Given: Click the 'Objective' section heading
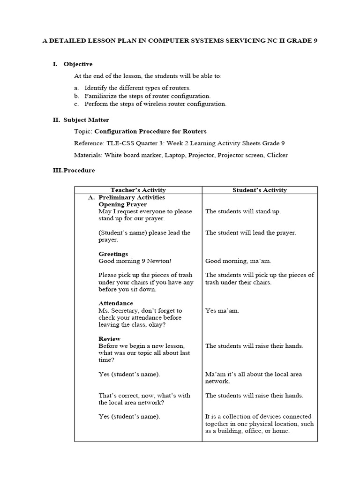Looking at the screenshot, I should [78, 64].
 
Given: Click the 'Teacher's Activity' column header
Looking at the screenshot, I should [138, 190].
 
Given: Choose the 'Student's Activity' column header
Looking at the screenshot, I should [260, 190].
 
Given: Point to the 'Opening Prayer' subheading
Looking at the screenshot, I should [122, 204].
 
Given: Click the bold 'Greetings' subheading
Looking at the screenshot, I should [113, 254].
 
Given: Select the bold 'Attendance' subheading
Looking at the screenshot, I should [115, 303].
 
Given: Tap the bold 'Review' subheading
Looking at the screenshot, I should [109, 339].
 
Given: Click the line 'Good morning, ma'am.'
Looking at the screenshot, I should [238, 261].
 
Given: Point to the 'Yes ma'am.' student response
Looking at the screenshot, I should [222, 310].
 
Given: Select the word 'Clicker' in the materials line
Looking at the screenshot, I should [277, 155].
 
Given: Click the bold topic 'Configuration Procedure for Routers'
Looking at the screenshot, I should [150, 131].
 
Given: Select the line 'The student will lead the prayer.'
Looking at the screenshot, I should [251, 232].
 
